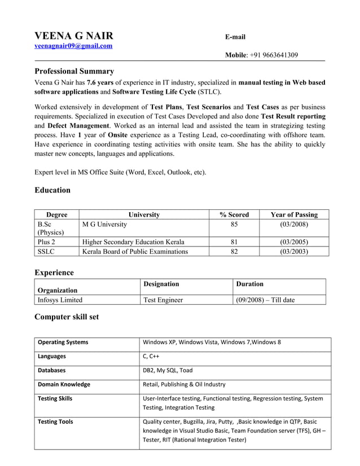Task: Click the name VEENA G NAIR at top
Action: (74, 35)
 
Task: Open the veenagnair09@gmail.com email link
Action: (73, 46)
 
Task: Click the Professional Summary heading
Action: (74, 71)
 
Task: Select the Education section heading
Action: (52, 190)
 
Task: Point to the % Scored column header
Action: (234, 214)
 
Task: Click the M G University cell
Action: (104, 225)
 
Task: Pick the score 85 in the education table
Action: (234, 225)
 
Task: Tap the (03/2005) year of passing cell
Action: (294, 242)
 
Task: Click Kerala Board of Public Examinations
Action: (135, 252)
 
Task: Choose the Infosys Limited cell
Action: (60, 300)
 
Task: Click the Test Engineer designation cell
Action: (163, 300)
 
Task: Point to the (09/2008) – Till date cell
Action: (265, 300)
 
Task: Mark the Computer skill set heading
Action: (67, 316)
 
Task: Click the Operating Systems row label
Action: (63, 342)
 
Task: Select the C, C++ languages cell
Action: (151, 356)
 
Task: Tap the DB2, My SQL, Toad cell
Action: (168, 370)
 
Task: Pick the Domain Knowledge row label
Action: (64, 384)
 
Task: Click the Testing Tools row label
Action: (55, 421)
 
